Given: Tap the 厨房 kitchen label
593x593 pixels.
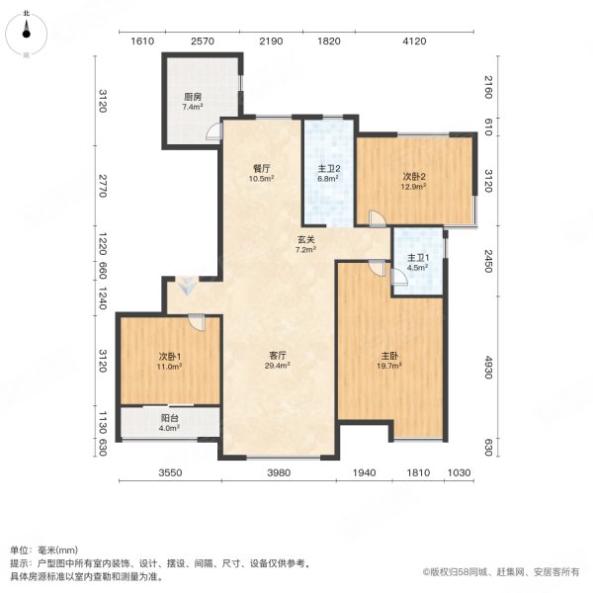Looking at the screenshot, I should [x=192, y=97].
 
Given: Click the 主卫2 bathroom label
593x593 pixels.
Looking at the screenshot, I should [x=328, y=167].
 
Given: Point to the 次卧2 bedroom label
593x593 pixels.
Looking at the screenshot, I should [x=412, y=176].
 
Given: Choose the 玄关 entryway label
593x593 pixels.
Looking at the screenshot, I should [x=307, y=238].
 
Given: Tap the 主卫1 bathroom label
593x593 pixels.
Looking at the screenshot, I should [x=417, y=259].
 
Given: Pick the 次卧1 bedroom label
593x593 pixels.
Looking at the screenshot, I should [x=166, y=355].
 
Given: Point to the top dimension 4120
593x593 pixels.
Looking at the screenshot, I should [x=413, y=41].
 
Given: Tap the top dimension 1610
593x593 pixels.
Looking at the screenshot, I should [x=143, y=41].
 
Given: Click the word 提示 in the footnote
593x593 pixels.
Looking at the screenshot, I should [x=21, y=561].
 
